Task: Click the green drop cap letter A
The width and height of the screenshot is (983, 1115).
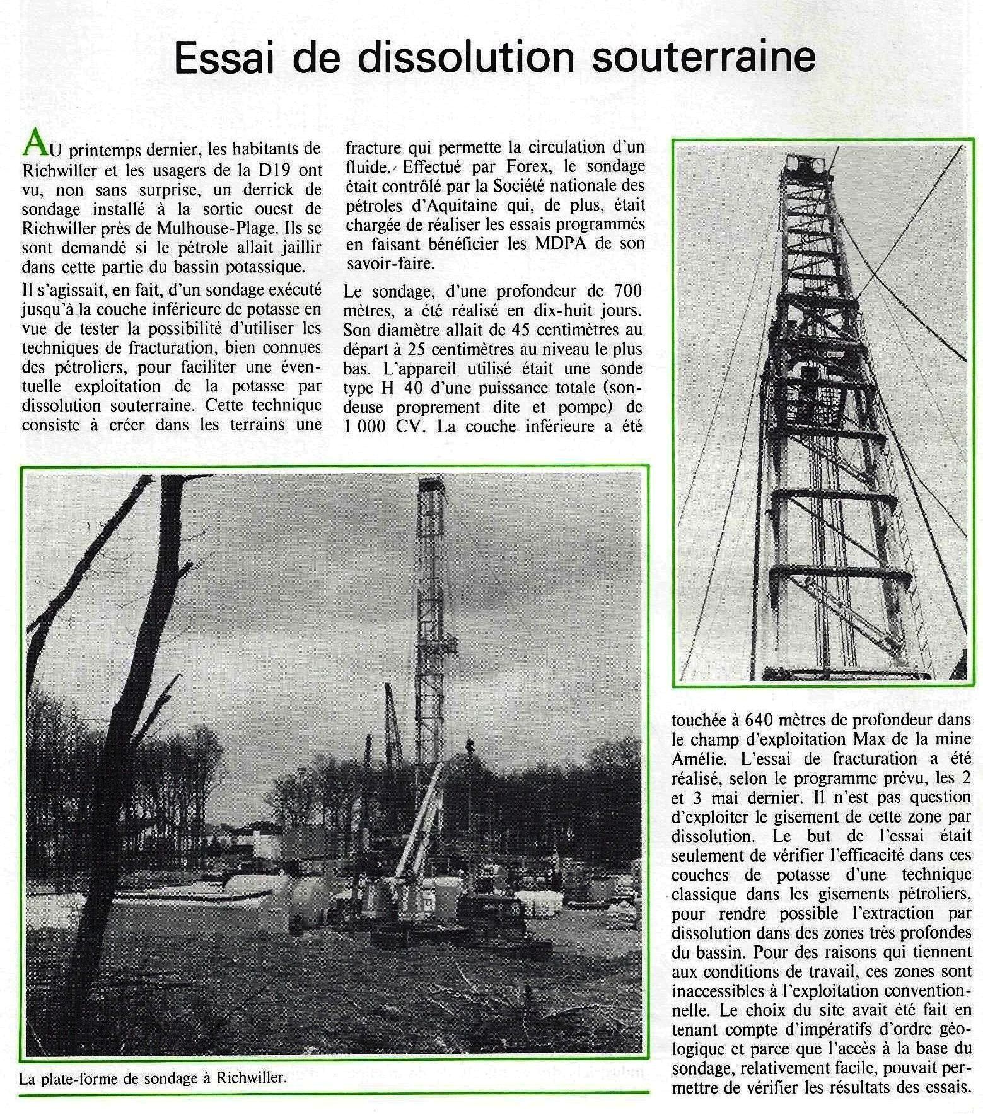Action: click(33, 146)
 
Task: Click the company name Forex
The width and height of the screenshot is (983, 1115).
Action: click(511, 166)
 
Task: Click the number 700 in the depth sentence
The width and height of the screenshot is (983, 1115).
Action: click(625, 291)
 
